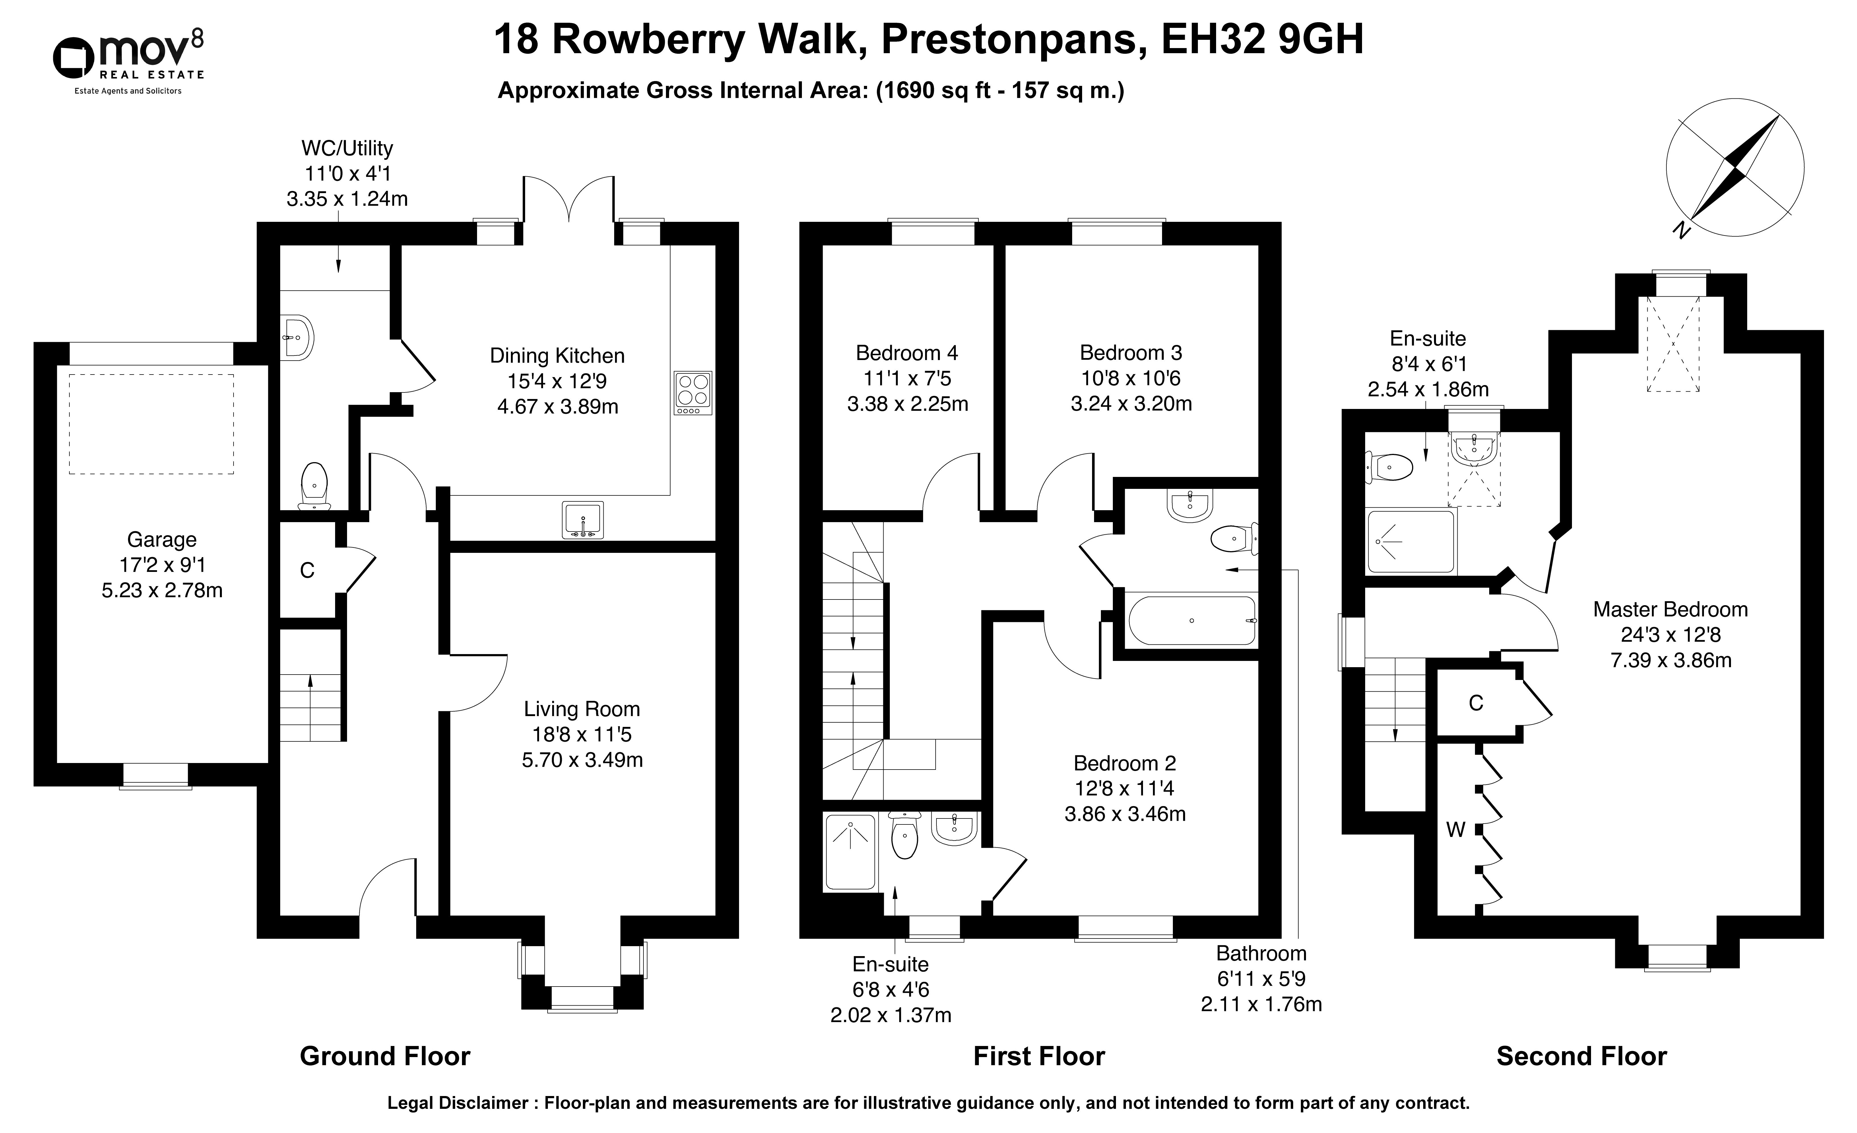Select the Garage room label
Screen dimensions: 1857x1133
click(x=162, y=539)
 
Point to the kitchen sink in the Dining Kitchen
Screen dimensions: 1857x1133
click(x=583, y=520)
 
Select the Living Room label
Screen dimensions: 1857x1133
click(x=582, y=709)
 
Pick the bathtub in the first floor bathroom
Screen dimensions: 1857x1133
click(x=1192, y=620)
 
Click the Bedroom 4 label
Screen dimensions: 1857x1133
click(x=907, y=353)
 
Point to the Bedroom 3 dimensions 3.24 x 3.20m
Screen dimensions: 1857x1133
click(x=1131, y=404)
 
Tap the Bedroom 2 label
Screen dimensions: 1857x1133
click(x=1124, y=763)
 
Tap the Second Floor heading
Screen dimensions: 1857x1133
click(x=1581, y=1056)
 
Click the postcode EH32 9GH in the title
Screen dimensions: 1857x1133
click(x=1262, y=40)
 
